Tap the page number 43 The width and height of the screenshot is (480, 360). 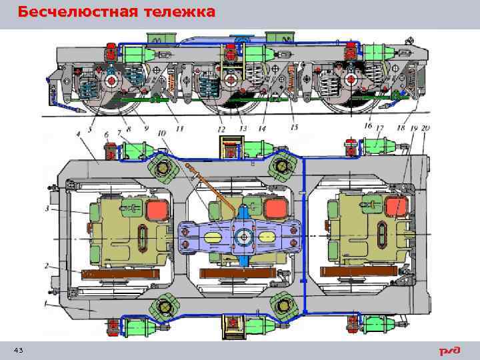click(18, 351)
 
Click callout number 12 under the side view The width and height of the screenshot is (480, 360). click(221, 129)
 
